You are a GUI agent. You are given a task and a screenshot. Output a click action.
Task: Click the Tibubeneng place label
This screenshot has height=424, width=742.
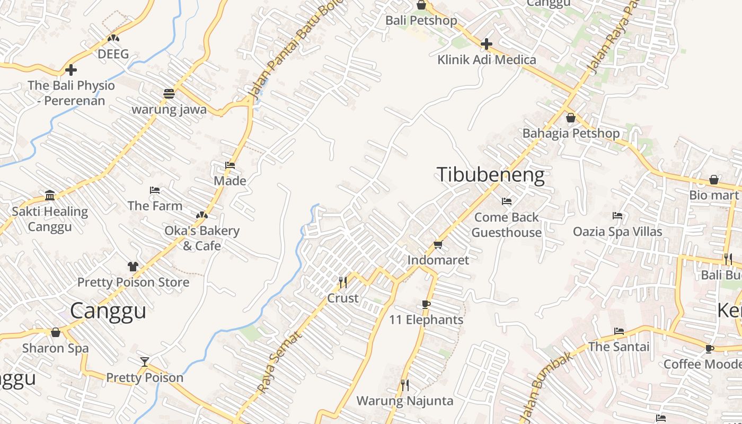tap(490, 175)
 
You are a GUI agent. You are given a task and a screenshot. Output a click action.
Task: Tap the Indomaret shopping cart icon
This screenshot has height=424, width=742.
tap(438, 244)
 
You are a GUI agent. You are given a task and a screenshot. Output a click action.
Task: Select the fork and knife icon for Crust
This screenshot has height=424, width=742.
tap(343, 282)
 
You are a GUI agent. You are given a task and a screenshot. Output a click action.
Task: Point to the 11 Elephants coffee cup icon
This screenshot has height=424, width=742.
tap(426, 304)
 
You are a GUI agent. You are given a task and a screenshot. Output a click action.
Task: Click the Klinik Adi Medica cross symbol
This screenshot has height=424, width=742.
tap(486, 44)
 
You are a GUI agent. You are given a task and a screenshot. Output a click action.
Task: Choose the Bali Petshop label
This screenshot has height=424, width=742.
tap(421, 21)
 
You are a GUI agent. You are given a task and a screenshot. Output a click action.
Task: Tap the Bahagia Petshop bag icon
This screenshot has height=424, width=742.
tap(571, 118)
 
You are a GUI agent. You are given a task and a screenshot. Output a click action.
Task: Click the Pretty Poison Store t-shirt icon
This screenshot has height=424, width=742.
tap(132, 266)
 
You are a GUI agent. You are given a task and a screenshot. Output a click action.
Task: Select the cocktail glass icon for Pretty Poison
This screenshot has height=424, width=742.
tap(145, 362)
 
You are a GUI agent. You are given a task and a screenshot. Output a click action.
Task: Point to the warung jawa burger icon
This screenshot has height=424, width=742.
tap(169, 94)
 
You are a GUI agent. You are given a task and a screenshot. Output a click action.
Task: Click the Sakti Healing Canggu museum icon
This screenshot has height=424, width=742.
tap(50, 196)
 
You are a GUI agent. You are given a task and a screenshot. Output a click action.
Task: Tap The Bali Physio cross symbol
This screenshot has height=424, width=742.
tap(70, 69)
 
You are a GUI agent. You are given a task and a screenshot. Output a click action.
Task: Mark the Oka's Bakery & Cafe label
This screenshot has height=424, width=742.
tap(202, 238)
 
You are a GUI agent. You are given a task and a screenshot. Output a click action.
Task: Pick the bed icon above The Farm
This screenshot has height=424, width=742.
tap(155, 190)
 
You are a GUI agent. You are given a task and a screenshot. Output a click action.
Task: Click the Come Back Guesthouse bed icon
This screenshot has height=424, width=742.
tap(507, 201)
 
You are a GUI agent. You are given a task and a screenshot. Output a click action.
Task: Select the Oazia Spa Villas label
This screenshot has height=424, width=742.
tap(617, 232)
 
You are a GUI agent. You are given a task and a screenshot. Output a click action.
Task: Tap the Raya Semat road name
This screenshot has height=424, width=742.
tap(279, 363)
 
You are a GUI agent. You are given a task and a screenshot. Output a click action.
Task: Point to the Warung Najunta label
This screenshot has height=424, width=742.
tap(404, 401)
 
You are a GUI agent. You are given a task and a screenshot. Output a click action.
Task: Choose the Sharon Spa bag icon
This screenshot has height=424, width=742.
tap(56, 333)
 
